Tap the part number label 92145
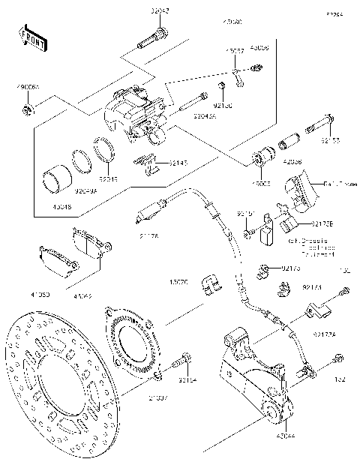178,162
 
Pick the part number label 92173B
322,223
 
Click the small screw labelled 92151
247,235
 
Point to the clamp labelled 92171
283,286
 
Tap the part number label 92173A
325,334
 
